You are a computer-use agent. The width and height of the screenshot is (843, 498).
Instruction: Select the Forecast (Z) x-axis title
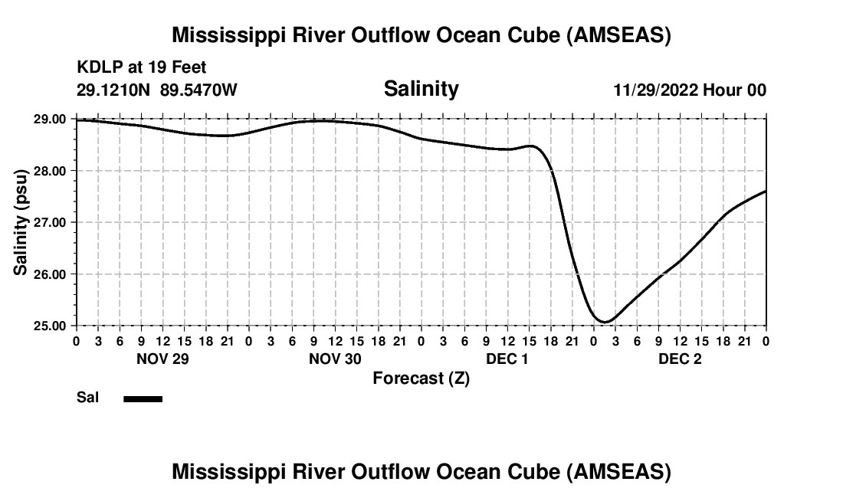[421, 378]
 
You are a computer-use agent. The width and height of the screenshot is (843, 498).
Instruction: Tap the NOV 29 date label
[162, 359]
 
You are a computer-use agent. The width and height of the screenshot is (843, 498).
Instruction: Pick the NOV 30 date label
[335, 359]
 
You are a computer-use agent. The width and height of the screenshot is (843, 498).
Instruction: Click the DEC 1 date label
[507, 359]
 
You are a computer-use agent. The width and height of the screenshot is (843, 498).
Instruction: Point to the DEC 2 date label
[680, 359]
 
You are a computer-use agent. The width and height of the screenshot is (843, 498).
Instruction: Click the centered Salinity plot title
[421, 89]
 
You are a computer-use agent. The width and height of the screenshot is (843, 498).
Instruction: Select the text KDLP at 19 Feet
[142, 68]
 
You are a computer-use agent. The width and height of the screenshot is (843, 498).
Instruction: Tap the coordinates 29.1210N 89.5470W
[157, 90]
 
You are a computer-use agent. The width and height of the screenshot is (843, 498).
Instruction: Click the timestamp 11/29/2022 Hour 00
[690, 90]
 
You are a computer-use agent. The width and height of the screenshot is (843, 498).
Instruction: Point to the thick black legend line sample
[143, 398]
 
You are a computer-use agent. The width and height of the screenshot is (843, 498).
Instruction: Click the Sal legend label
[87, 398]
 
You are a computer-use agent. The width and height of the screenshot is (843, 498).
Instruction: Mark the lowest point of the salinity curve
[604, 322]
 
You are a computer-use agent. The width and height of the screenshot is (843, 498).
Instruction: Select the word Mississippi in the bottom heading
[230, 472]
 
